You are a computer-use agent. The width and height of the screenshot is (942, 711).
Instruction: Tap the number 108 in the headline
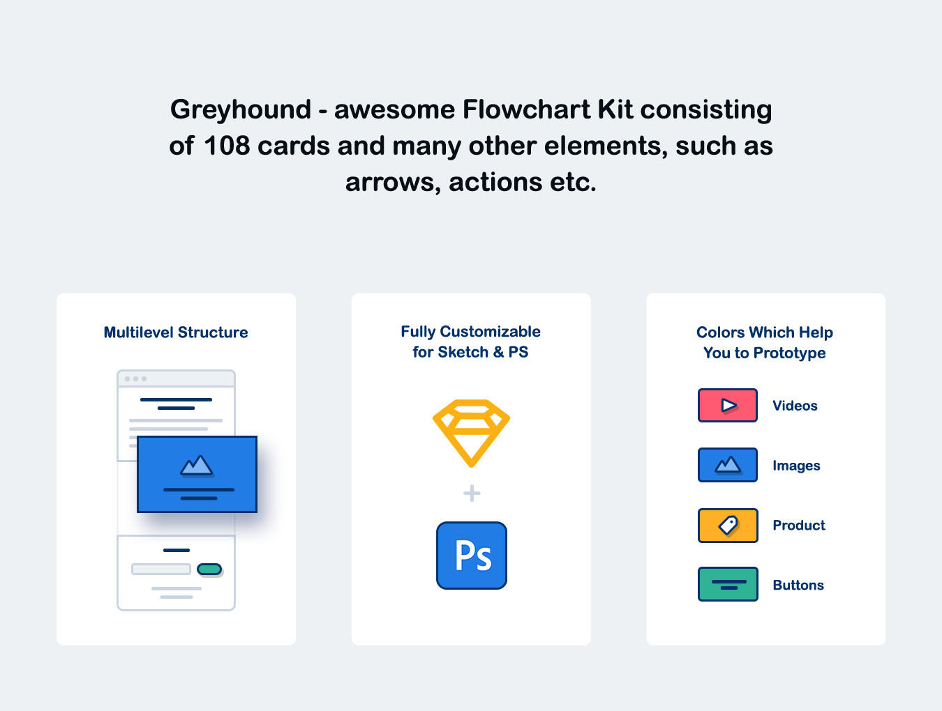click(x=227, y=146)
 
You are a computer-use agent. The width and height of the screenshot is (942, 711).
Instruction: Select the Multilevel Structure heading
click(x=176, y=332)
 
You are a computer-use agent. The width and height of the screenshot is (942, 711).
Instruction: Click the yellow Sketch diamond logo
click(x=471, y=433)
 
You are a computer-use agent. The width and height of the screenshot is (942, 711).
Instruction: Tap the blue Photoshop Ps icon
click(x=472, y=556)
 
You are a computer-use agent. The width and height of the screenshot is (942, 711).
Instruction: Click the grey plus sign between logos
click(x=472, y=493)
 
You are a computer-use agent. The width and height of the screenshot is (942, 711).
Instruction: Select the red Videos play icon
click(x=727, y=406)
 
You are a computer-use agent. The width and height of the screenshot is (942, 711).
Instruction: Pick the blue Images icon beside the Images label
click(x=727, y=465)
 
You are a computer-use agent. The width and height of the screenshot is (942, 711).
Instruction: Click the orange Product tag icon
click(x=727, y=526)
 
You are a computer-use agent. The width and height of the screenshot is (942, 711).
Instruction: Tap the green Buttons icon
click(x=727, y=585)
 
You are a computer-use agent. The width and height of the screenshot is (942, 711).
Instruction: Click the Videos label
click(x=795, y=406)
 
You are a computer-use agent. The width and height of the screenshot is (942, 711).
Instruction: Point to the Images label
click(x=797, y=466)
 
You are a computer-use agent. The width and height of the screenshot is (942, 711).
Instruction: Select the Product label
click(x=799, y=525)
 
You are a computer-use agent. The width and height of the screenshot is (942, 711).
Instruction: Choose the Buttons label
click(x=798, y=585)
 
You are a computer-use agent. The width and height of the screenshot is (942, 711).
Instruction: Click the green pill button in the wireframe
click(x=209, y=569)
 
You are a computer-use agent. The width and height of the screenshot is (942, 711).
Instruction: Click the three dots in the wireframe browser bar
click(x=135, y=379)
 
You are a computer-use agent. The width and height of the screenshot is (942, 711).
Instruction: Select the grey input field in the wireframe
click(x=161, y=569)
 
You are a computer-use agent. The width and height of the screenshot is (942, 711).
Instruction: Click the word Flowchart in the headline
click(x=526, y=109)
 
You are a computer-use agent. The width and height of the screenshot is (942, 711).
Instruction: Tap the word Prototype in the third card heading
click(x=790, y=353)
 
